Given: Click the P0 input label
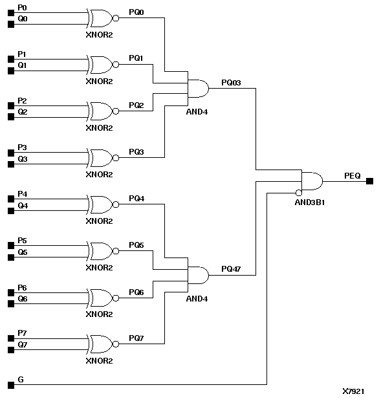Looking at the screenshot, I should coord(23,8).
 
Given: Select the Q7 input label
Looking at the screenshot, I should coord(23,345).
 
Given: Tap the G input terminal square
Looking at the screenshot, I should coord(10,385).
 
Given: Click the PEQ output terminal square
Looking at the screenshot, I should coord(369,181).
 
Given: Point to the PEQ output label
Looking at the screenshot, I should coord(353,175).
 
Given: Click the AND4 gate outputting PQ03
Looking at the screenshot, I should coord(197,88).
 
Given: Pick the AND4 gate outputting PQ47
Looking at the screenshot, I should coord(197,274).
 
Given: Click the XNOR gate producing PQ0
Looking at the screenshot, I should coord(100,18).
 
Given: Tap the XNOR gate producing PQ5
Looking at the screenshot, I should coord(100,251).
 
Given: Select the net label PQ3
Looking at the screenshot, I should coord(136,152).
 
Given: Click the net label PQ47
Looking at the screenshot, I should coord(231,268).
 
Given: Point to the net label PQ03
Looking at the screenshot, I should coord(231,82).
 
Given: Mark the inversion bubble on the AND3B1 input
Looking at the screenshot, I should coord(299,193).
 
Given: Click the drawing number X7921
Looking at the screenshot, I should coord(354,391).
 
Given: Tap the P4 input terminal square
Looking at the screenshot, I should coord(10,199).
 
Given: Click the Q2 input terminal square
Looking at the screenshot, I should coord(10,117).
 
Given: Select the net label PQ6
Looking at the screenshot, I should coord(136,292).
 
